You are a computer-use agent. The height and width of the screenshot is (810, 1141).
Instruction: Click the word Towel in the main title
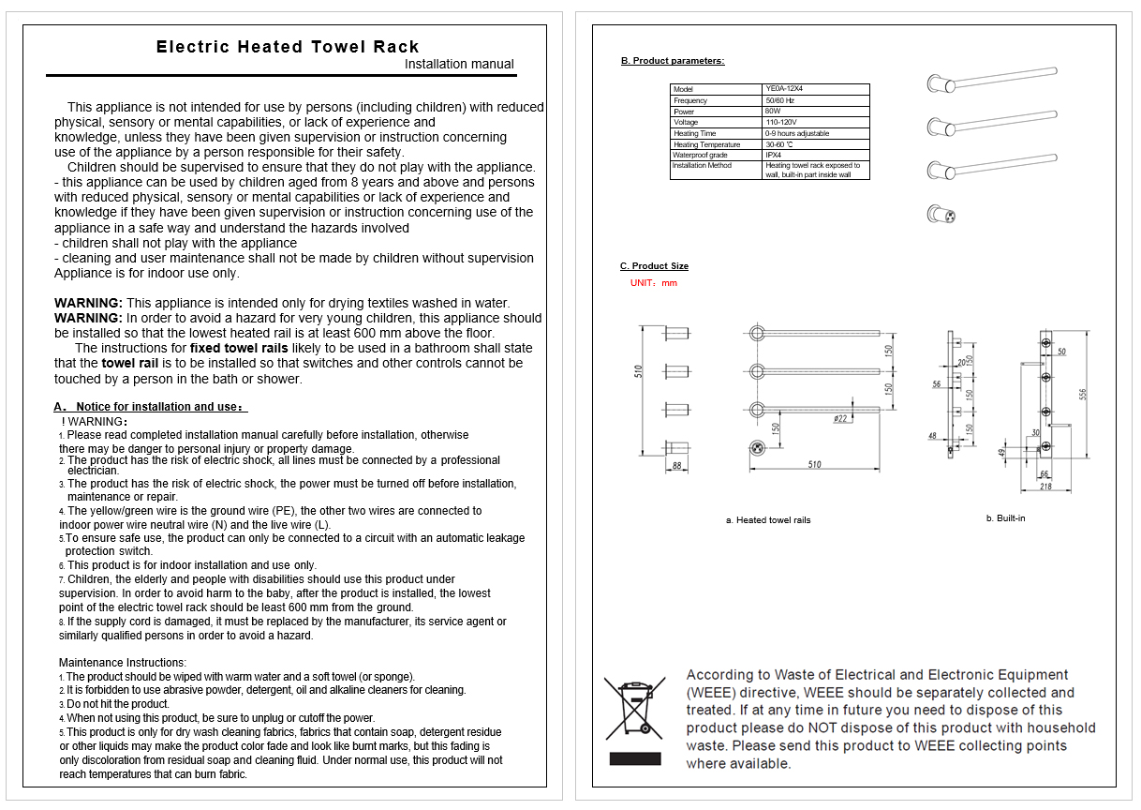click(338, 47)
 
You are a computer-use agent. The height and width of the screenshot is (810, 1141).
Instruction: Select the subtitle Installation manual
click(459, 65)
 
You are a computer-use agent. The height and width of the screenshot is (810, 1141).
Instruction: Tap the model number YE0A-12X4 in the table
click(784, 89)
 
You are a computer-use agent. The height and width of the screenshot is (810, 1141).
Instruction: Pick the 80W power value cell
click(773, 112)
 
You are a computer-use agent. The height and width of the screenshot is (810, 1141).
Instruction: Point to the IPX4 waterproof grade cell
click(773, 155)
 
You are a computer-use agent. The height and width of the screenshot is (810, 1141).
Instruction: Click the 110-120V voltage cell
click(781, 122)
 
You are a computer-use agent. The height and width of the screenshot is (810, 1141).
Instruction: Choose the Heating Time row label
click(695, 133)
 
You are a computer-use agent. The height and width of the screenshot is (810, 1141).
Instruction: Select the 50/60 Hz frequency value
click(779, 100)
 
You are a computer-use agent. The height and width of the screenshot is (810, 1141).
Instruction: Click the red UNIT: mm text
click(654, 283)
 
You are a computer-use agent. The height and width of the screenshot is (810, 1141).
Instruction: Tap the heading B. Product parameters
click(673, 61)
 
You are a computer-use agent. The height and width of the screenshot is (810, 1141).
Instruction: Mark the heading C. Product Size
click(654, 266)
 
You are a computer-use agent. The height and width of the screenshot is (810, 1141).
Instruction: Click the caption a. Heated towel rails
click(768, 520)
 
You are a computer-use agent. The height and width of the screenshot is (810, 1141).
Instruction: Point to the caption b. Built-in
click(1005, 518)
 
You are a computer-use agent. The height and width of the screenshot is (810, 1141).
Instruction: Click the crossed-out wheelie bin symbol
click(635, 709)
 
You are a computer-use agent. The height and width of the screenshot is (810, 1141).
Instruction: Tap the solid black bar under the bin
click(635, 759)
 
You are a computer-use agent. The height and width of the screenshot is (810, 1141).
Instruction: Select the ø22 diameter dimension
click(840, 418)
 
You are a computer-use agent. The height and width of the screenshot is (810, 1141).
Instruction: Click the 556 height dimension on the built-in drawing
click(1083, 394)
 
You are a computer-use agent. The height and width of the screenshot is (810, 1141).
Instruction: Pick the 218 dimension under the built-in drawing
click(1045, 487)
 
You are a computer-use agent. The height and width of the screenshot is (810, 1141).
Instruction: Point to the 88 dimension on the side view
click(677, 465)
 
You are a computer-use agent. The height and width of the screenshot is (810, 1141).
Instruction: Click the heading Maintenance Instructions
click(122, 663)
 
